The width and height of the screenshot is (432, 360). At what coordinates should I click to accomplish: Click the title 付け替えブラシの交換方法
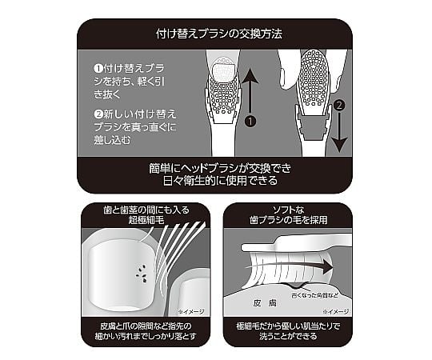[215, 34]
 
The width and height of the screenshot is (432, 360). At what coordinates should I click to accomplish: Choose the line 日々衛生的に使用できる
[215, 182]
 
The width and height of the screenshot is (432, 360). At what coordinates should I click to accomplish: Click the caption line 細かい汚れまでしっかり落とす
[145, 339]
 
